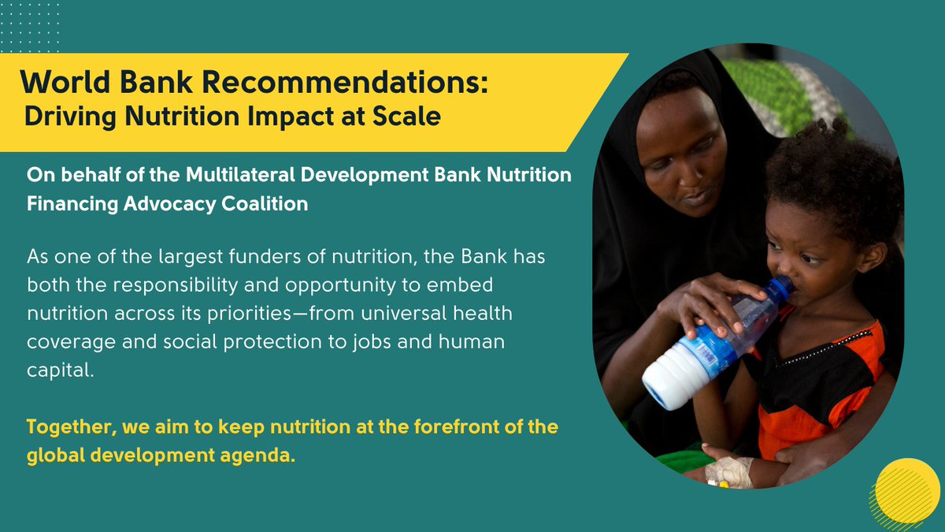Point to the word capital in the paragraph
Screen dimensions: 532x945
60,370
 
